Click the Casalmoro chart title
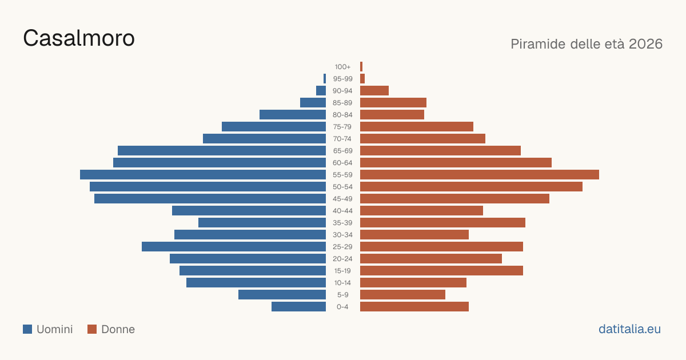tap(79, 38)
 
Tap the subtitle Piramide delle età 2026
tap(587, 44)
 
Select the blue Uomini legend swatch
tap(27, 329)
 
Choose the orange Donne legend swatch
tap(92, 329)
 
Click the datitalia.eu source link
tap(629, 329)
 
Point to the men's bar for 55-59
tap(203, 174)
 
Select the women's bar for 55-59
tap(480, 174)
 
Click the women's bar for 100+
tap(361, 66)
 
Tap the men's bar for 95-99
tap(325, 79)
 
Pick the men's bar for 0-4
tap(298, 306)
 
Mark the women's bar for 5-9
tap(402, 294)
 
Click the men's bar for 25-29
tap(234, 246)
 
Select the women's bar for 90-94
tap(374, 91)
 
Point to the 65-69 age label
tap(342, 151)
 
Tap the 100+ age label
tap(342, 67)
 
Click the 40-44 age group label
tap(342, 211)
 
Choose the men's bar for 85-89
tap(313, 102)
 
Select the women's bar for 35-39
tap(442, 222)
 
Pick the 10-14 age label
tap(342, 282)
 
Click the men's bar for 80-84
tap(293, 114)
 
